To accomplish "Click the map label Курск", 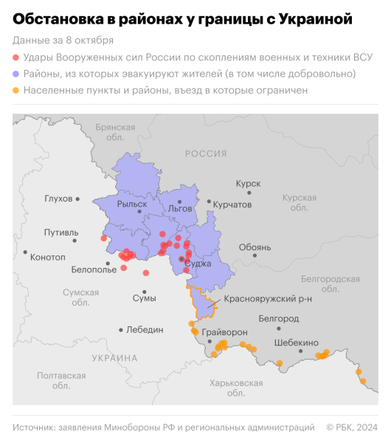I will point(248,183).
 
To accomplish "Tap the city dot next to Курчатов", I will point(210,202).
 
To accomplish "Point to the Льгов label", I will point(180,208).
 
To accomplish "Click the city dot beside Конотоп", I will point(25,253).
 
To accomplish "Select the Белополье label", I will point(93,269).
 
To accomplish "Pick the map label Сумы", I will point(144,298).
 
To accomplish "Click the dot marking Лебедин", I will point(120,329).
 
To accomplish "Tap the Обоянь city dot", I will point(255,255).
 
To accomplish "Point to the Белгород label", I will point(278,318).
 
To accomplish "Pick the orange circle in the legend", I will point(17,90).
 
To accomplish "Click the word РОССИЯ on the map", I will point(205,154).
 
